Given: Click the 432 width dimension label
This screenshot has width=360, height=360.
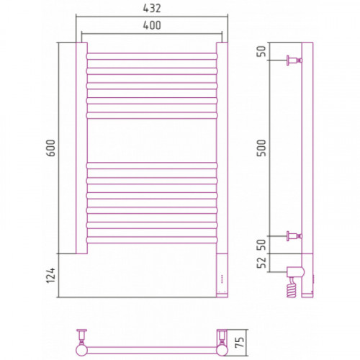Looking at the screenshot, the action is tap(152, 9).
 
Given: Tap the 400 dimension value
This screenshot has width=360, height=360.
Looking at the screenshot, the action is tap(152, 25).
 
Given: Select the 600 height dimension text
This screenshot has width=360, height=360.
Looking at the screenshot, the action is tap(51, 148).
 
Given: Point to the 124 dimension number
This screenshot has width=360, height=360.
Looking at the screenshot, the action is tap(51, 275).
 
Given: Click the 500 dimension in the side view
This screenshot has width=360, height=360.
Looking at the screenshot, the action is tap(261, 148).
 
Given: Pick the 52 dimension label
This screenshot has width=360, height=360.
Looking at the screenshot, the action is tap(261, 262).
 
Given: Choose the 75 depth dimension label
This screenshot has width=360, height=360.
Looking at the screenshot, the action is tap(240, 342).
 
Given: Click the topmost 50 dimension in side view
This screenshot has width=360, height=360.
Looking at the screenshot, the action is tap(261, 51).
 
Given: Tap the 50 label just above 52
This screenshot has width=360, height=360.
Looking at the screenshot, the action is tap(261, 245).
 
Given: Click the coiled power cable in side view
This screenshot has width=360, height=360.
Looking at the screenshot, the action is tap(292, 287).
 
